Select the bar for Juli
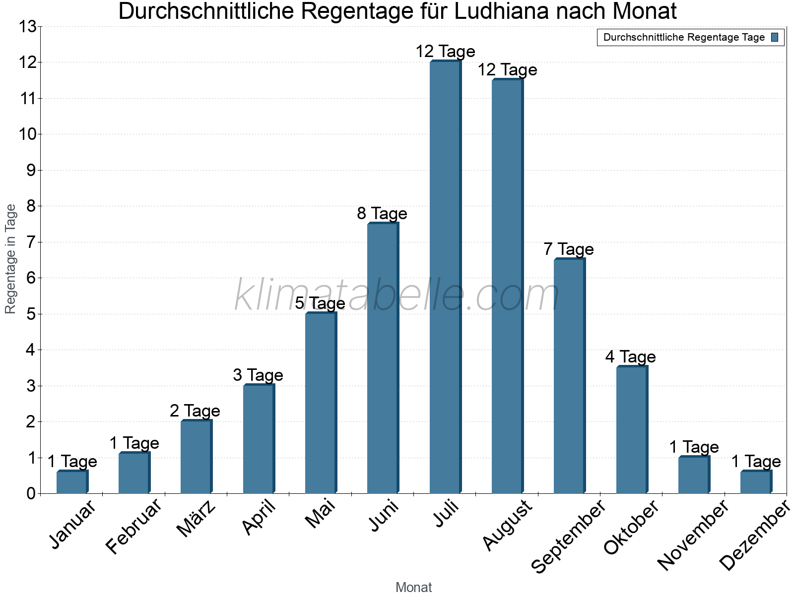coord(445,278)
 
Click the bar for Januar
coord(71,482)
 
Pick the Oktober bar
coord(631,430)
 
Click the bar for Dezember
coord(755,482)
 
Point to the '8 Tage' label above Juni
coord(382,214)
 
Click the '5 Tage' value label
coord(320,303)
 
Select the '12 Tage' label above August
coord(507,70)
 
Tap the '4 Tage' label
coord(631,357)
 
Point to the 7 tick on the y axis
coord(32,242)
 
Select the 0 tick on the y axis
coord(32,494)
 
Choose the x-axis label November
coord(693,535)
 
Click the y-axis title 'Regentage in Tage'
coord(10,259)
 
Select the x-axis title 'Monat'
coord(413,587)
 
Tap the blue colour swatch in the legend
coord(775,37)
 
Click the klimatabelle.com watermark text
coord(397,296)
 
